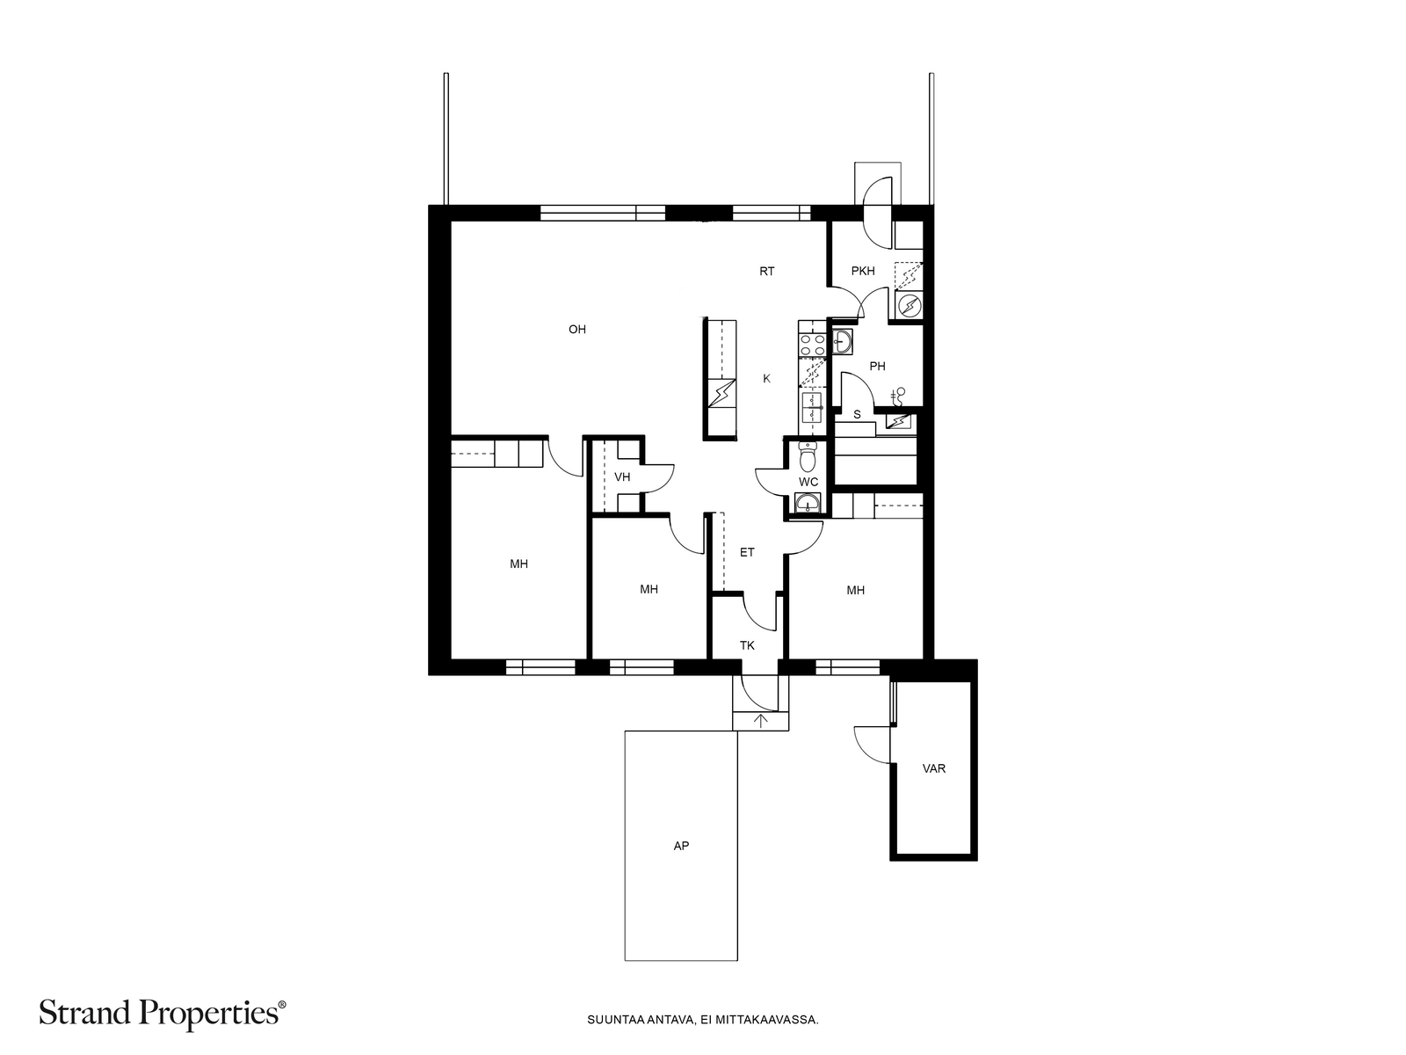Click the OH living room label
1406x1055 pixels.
point(576,330)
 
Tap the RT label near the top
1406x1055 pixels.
point(766,272)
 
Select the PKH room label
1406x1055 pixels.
point(862,271)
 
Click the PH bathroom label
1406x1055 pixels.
point(876,367)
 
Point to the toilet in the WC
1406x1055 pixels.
point(808,458)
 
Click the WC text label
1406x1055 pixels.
point(808,483)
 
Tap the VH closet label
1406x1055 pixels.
point(622,477)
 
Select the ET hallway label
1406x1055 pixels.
point(746,553)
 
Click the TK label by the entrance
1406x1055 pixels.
point(746,646)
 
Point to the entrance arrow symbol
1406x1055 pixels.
point(761,721)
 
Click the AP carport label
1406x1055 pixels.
point(680,847)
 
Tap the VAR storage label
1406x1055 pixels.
point(933,768)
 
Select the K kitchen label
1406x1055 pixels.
point(766,379)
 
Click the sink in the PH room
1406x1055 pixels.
point(841,341)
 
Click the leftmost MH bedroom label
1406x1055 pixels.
point(518,564)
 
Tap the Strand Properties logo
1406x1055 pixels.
point(163,1015)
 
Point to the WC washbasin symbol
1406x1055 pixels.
point(808,504)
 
